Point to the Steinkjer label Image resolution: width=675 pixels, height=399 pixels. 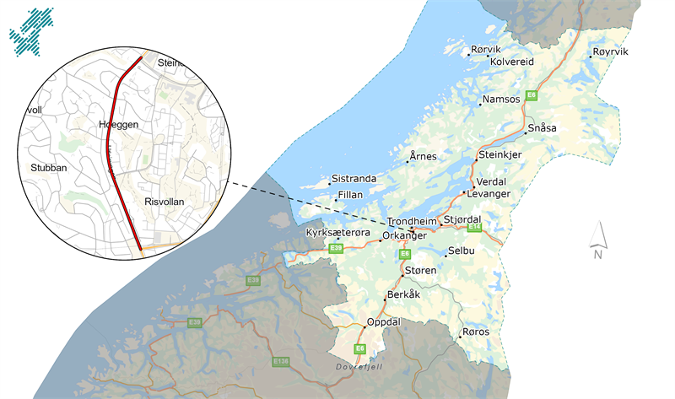[x=500, y=155]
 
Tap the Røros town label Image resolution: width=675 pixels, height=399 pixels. [x=476, y=332]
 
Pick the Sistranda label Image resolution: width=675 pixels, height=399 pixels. [x=354, y=179]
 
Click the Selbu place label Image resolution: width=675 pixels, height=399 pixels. [x=462, y=252]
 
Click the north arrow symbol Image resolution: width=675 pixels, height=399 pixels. [x=597, y=240]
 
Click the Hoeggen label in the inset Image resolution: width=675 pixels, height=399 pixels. [x=118, y=124]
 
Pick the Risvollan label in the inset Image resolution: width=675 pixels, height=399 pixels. [x=164, y=202]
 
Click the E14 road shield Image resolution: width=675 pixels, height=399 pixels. [x=475, y=227]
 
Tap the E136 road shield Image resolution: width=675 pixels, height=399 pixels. [x=281, y=361]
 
